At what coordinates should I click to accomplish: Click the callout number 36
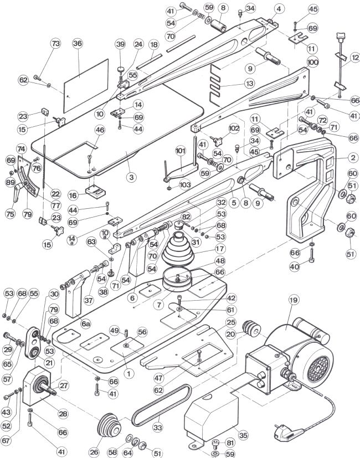click(78, 44)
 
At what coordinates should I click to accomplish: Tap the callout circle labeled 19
click(294, 300)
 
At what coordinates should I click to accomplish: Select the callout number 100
click(313, 62)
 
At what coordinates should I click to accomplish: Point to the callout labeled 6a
click(86, 323)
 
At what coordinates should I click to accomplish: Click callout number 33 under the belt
click(157, 428)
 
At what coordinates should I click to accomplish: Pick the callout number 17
click(220, 249)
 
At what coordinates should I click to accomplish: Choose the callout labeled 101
click(181, 151)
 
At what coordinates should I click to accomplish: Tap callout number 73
click(55, 44)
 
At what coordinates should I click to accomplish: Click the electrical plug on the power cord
click(289, 433)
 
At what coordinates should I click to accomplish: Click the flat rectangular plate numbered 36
click(86, 86)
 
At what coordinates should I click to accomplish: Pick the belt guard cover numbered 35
click(211, 418)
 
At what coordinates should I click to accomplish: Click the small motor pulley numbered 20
click(252, 329)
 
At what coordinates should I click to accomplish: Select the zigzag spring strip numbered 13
click(215, 85)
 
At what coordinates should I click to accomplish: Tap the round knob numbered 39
click(121, 70)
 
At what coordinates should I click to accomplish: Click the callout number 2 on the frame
click(353, 158)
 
